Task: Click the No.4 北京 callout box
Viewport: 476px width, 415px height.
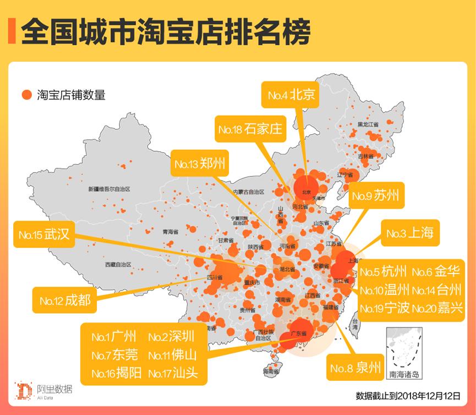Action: [x=291, y=95]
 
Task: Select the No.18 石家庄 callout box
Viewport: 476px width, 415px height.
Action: [x=249, y=129]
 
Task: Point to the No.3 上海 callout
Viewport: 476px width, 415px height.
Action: [x=409, y=233]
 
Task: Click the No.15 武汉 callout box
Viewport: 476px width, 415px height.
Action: [x=43, y=234]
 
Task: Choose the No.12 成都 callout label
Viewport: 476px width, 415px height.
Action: [x=64, y=301]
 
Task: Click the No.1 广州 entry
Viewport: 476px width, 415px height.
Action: [x=110, y=336]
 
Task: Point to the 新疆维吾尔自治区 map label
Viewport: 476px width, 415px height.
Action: [x=109, y=189]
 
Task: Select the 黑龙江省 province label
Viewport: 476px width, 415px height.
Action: [x=368, y=124]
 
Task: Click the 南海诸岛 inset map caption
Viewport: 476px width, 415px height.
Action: [x=404, y=375]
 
